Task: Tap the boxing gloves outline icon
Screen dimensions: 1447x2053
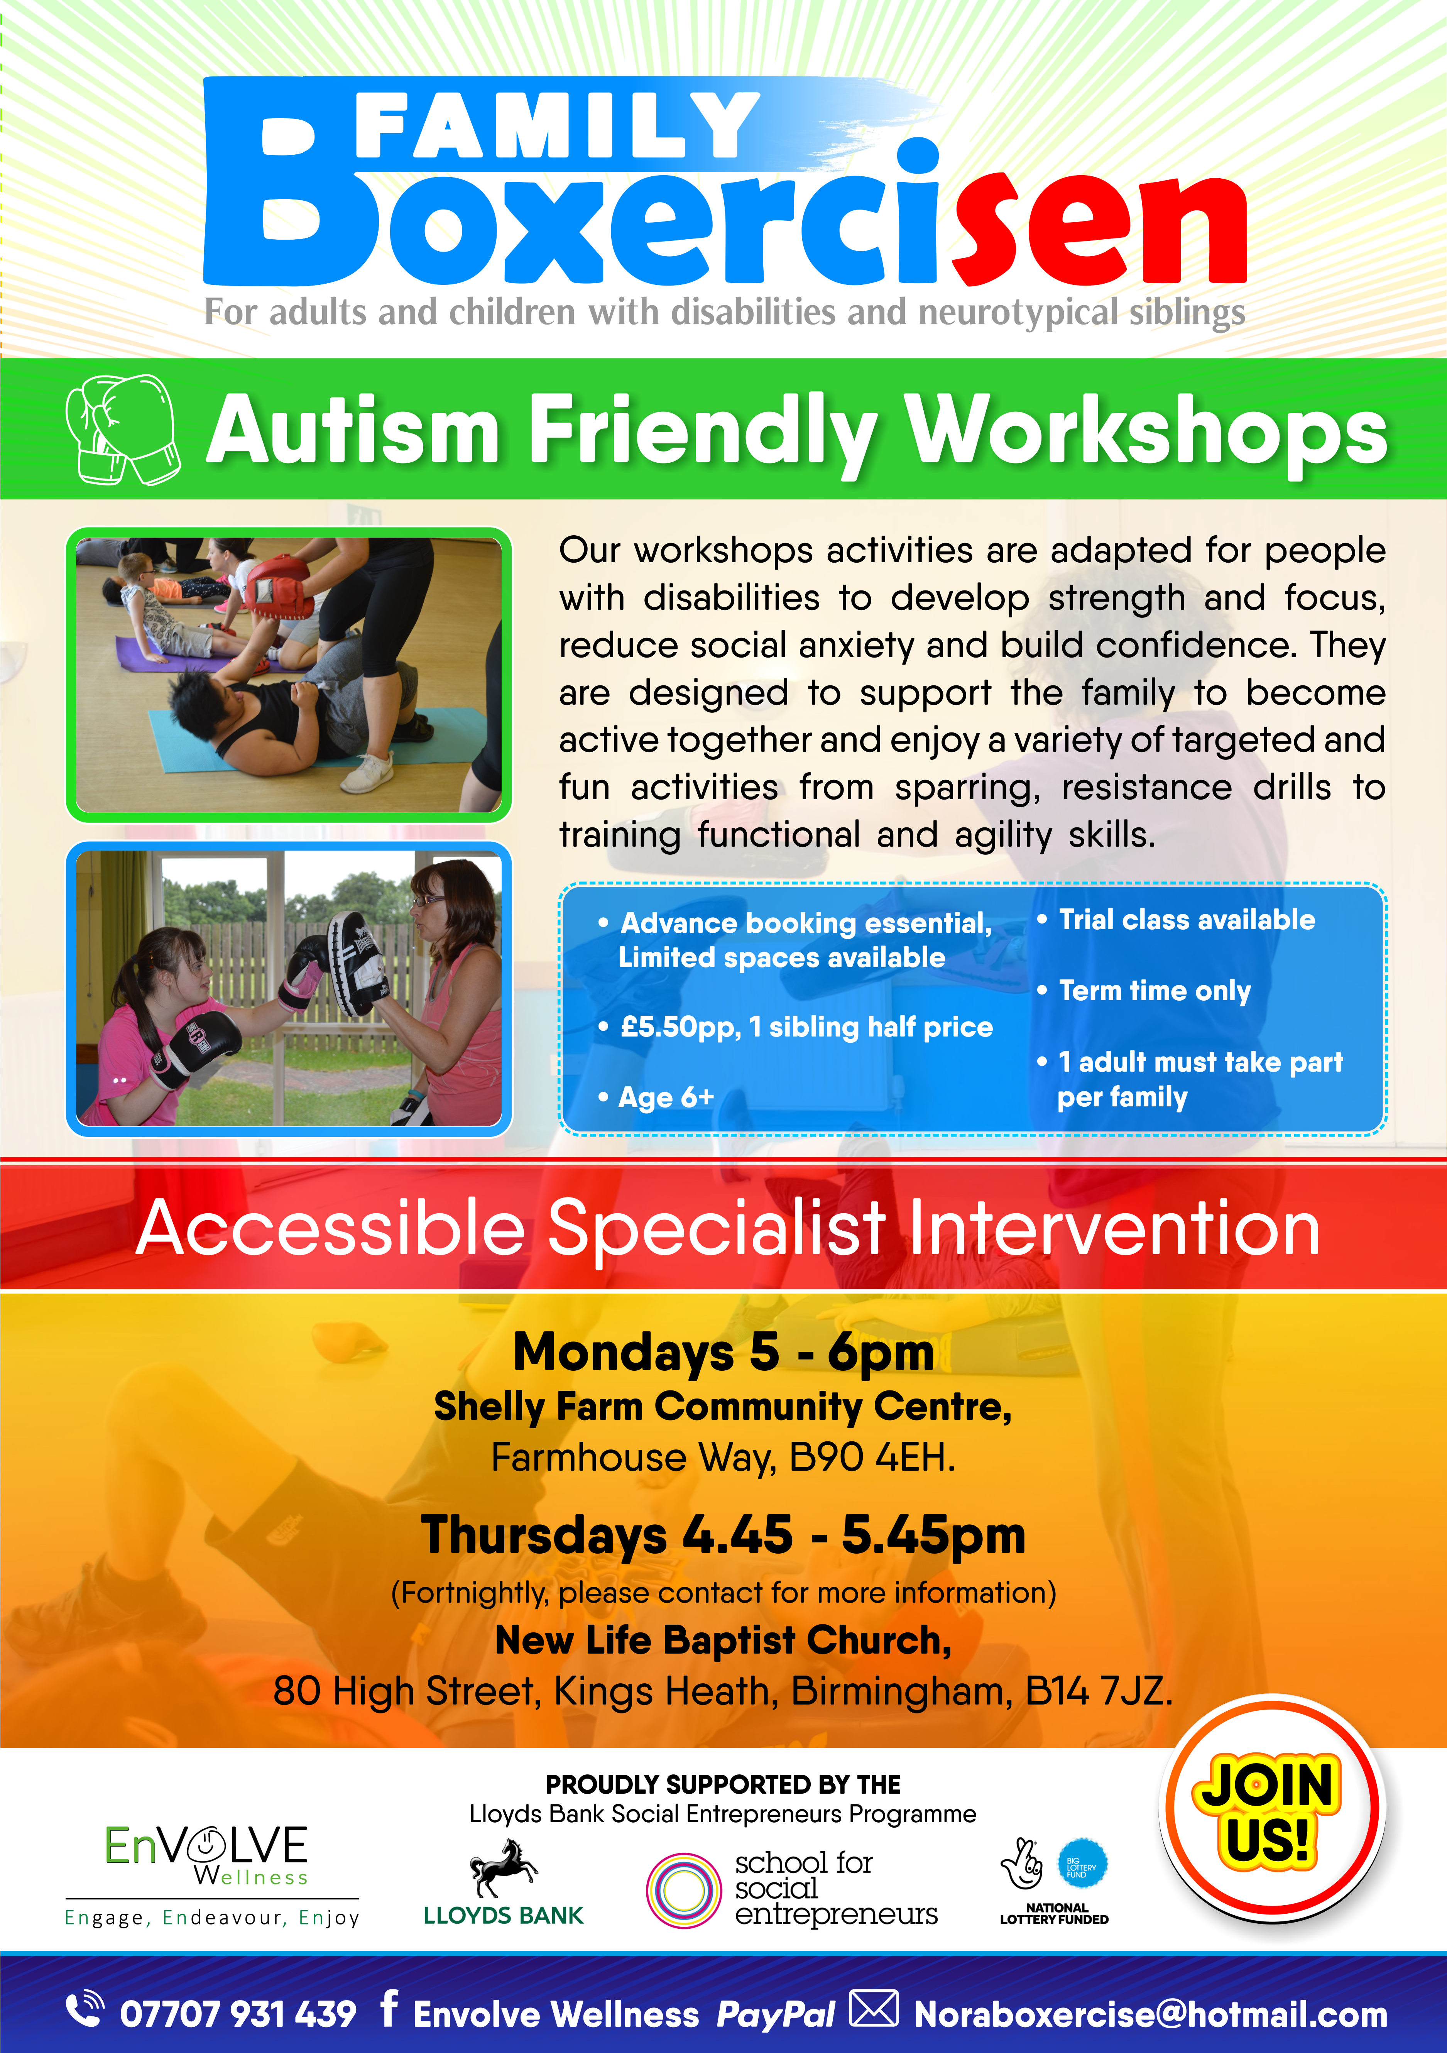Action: coord(123,429)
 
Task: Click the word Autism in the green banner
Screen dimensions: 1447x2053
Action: coord(353,431)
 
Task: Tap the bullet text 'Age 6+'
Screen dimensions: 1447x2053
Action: coord(666,1097)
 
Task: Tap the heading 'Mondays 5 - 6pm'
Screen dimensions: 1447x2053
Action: coord(723,1352)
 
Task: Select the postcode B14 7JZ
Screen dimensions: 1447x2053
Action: coord(1098,1692)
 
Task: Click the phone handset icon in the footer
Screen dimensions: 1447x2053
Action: coord(85,2007)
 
